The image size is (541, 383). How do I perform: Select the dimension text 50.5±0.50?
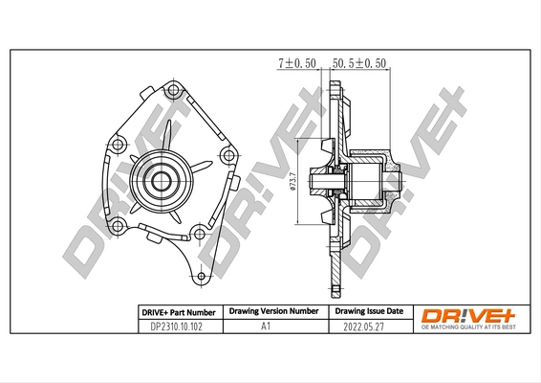tap(358, 62)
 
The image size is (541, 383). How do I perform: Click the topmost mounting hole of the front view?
tap(172, 91)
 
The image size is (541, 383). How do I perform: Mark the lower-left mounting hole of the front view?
tap(118, 225)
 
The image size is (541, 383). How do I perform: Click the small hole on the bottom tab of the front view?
tap(201, 279)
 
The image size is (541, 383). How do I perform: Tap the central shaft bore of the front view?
tap(158, 178)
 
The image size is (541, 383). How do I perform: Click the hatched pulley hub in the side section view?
tap(368, 179)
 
